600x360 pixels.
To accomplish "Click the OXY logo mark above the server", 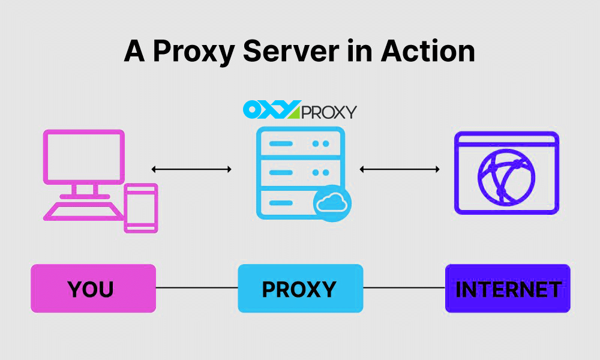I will click(x=271, y=110).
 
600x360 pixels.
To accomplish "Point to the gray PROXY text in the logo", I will click(x=328, y=112).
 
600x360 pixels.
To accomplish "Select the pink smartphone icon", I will click(x=140, y=208).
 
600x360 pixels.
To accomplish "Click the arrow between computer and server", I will click(x=191, y=170).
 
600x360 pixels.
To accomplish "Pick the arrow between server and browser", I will click(x=400, y=170).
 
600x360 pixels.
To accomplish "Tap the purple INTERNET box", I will click(x=508, y=289).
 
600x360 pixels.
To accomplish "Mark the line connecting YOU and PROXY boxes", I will click(x=197, y=288).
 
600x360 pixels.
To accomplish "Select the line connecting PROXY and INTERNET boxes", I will click(x=404, y=288).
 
